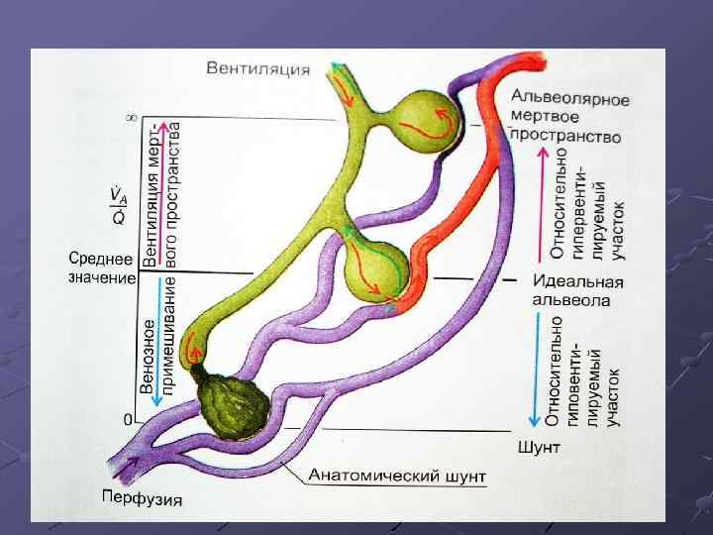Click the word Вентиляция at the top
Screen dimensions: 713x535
pyautogui.click(x=257, y=69)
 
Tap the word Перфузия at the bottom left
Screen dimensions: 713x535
pyautogui.click(x=142, y=497)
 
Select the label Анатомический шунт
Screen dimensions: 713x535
pyautogui.click(x=397, y=477)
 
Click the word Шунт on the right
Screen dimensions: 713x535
pyautogui.click(x=539, y=448)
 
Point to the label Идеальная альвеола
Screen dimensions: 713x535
pyautogui.click(x=578, y=289)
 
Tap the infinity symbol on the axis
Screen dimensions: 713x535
pyautogui.click(x=131, y=118)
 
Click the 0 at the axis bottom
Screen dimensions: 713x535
pyautogui.click(x=128, y=420)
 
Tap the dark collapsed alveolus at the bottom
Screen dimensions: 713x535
pyautogui.click(x=233, y=403)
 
